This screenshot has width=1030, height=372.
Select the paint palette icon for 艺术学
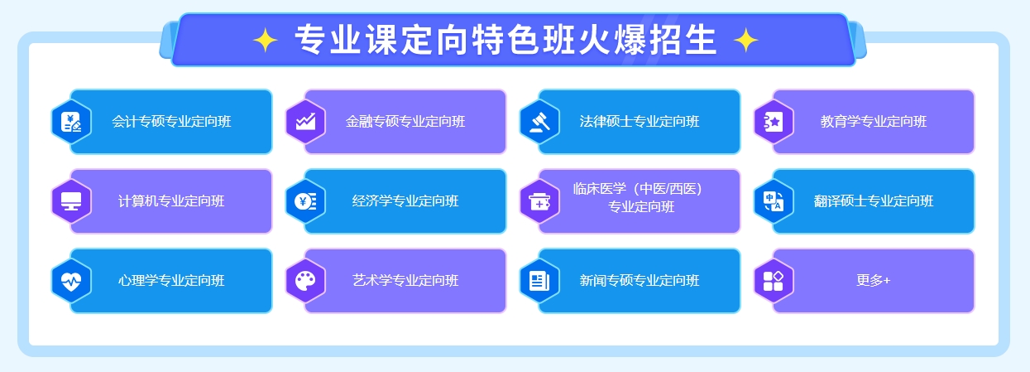(x=305, y=281)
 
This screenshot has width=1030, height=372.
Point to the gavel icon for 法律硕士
(x=539, y=122)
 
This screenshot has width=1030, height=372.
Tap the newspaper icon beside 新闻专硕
(x=539, y=281)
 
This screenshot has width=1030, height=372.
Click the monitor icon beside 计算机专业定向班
(x=71, y=201)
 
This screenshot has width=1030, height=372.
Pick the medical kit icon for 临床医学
(x=539, y=201)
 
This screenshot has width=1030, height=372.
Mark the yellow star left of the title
(x=266, y=40)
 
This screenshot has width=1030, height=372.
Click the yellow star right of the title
(x=745, y=40)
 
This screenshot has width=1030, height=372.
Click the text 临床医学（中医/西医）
(x=637, y=189)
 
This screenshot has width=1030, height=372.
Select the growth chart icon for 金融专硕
(x=305, y=122)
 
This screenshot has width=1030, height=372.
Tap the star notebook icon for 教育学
(x=774, y=122)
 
